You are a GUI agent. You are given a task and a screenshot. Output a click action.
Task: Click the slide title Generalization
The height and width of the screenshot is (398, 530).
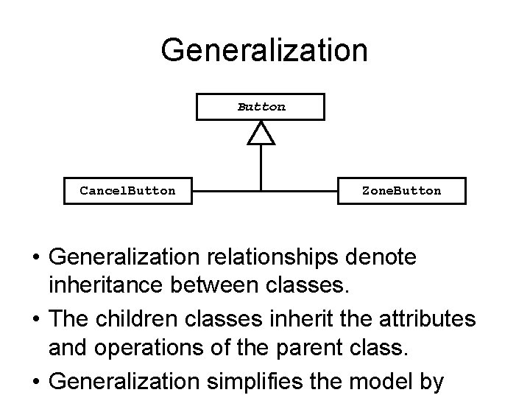(x=264, y=51)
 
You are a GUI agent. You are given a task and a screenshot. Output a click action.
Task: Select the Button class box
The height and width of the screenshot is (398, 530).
(x=260, y=106)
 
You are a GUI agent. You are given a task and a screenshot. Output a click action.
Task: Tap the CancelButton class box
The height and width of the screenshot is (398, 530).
(x=128, y=190)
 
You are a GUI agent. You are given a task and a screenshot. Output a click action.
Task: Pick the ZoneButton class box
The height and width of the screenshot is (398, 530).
(x=402, y=190)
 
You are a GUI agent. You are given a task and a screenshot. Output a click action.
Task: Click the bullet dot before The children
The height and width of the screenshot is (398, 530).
(x=35, y=321)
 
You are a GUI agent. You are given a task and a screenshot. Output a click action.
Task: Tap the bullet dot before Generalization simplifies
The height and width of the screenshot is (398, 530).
(x=35, y=383)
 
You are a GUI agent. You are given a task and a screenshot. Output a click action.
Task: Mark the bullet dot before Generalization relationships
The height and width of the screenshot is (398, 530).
(x=35, y=258)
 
